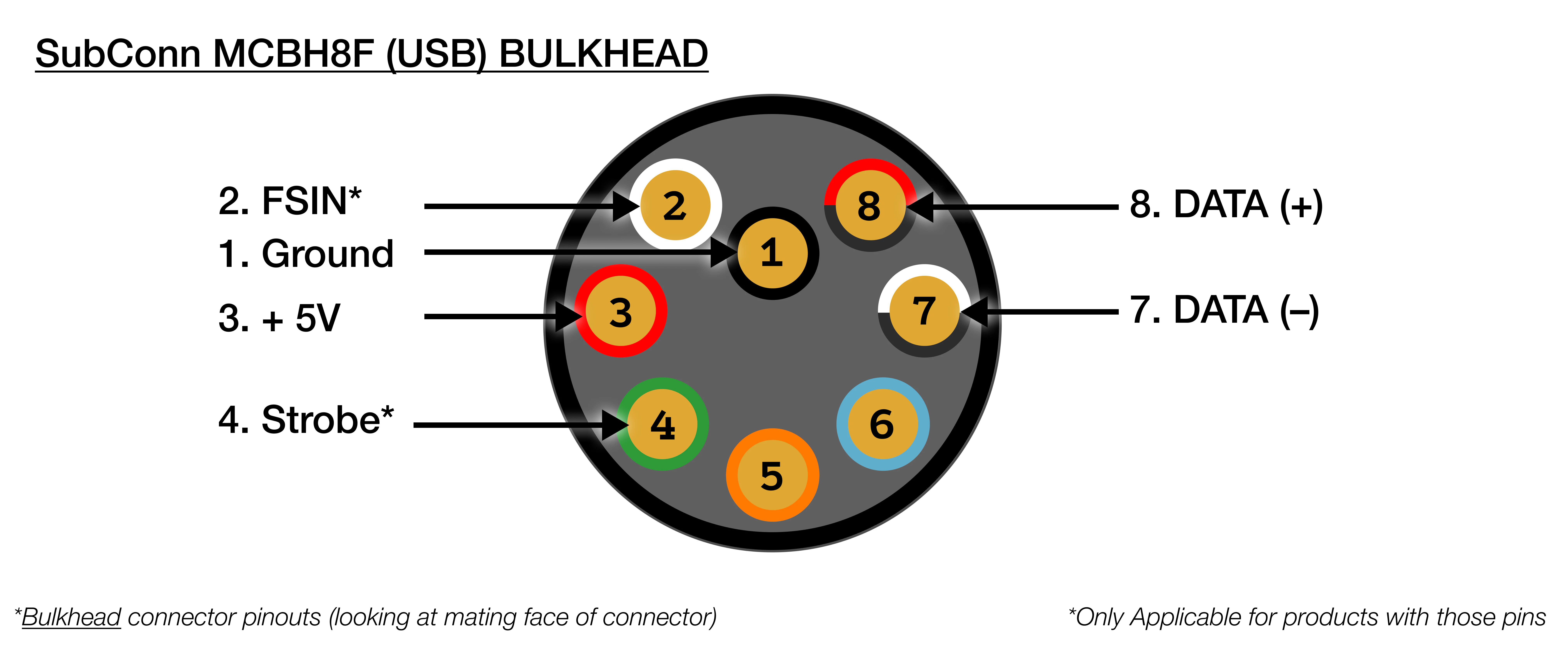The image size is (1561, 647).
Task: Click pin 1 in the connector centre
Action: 773,253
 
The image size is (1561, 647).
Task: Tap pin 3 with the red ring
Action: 620,311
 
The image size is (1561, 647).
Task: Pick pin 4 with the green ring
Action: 662,424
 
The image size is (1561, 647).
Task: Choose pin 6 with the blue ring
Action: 882,424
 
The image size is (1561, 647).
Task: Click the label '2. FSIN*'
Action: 290,201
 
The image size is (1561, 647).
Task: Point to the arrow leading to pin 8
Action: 1018,207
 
